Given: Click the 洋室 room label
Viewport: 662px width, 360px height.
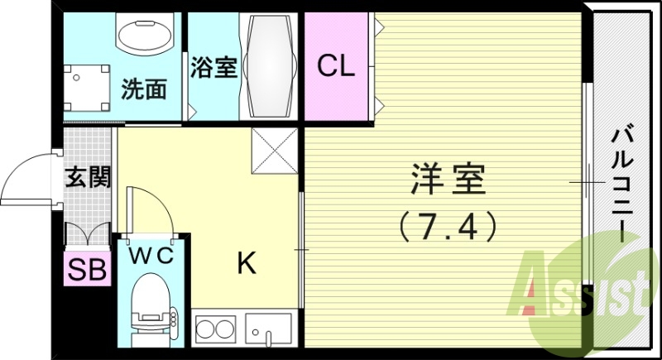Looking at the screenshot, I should click(x=448, y=180).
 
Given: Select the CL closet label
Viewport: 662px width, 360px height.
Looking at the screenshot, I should click(x=336, y=66).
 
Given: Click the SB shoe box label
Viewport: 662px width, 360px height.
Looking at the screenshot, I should click(x=87, y=271).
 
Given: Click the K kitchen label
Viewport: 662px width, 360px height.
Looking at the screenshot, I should click(x=246, y=264).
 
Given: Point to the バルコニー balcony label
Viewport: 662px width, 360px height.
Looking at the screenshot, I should click(x=622, y=182).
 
